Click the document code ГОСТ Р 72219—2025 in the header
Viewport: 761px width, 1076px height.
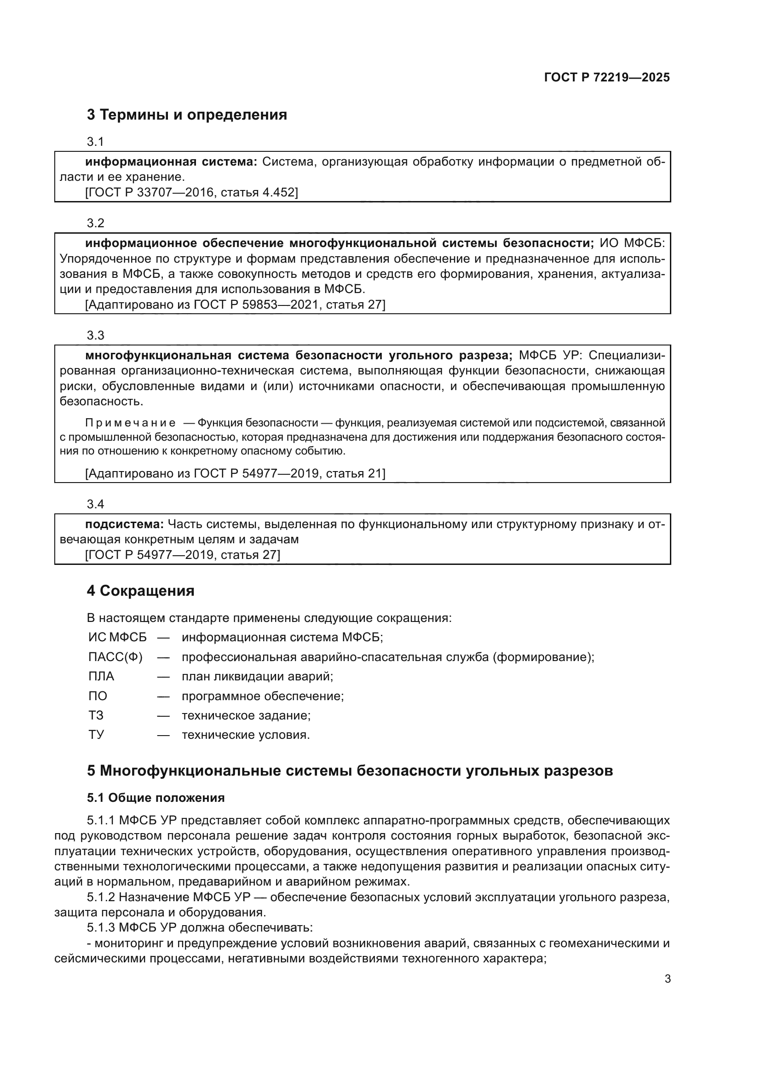click(x=606, y=78)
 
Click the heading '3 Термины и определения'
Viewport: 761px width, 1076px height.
click(x=186, y=115)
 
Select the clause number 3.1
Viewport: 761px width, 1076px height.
click(x=95, y=142)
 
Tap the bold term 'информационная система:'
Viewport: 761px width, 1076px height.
click(x=171, y=162)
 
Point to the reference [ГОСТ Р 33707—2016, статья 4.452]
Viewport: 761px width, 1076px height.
click(x=191, y=193)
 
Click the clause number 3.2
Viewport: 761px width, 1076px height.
click(x=95, y=223)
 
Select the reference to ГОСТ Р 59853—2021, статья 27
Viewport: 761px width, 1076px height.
click(x=235, y=305)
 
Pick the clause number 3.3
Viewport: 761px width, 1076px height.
click(x=95, y=335)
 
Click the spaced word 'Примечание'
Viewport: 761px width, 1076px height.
click(x=130, y=423)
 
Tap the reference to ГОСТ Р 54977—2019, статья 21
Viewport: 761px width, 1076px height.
click(x=235, y=474)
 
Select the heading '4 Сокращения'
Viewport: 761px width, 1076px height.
click(x=141, y=591)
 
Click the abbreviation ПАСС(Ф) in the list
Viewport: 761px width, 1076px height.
click(x=115, y=657)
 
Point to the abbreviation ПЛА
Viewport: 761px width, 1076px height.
click(x=101, y=677)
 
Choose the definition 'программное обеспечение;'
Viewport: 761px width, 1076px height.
click(x=262, y=696)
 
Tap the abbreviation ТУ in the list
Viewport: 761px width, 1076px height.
click(x=96, y=735)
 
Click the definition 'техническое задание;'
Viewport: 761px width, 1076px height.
click(x=246, y=716)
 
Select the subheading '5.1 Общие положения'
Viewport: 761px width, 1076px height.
click(x=156, y=798)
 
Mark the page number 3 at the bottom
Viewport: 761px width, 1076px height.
click(x=667, y=979)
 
